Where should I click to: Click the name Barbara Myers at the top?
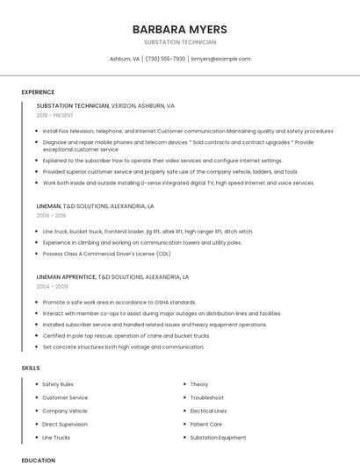[x=179, y=29]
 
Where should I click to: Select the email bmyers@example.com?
[x=220, y=59]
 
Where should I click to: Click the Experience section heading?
[x=38, y=92]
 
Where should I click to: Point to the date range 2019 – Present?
[x=55, y=115]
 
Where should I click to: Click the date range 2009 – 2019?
[x=51, y=215]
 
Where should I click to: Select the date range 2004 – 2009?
[x=52, y=286]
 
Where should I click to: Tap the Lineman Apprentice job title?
[x=66, y=276]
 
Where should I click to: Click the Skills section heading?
[x=31, y=368]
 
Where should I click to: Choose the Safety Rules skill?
[x=58, y=384]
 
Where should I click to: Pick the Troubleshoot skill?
[x=207, y=397]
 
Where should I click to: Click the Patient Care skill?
[x=205, y=424]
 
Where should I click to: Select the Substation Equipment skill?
[x=219, y=437]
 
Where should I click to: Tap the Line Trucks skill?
[x=56, y=437]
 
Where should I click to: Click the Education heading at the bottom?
[x=38, y=460]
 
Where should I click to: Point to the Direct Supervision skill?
[x=65, y=424]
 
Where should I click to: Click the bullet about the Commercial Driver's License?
[x=106, y=253]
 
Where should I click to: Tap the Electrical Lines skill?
[x=208, y=411]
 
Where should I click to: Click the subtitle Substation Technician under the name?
[x=179, y=42]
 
